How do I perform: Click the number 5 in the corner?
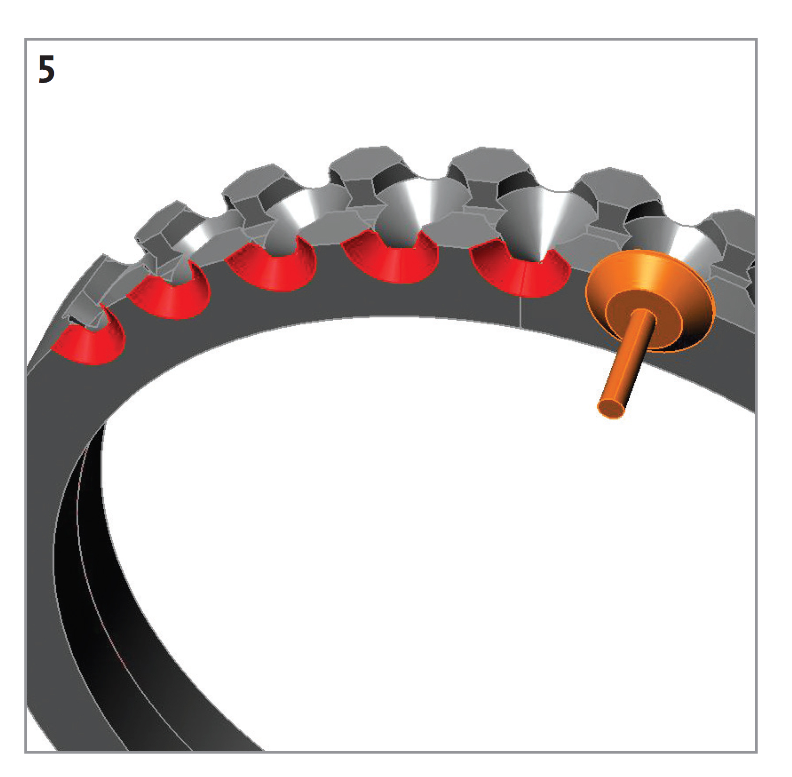(x=46, y=70)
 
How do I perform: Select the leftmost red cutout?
(x=91, y=344)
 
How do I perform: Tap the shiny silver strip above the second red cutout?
(x=201, y=239)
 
